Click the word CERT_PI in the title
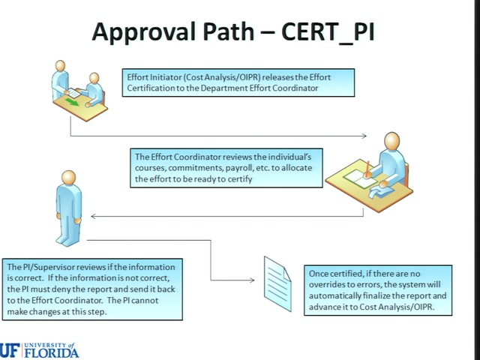click(x=328, y=32)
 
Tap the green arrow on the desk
click(x=72, y=103)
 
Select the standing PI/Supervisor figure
click(x=69, y=208)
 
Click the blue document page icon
click(x=277, y=283)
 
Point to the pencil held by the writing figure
click(x=367, y=169)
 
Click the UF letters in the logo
click(x=10, y=350)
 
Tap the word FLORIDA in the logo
click(x=52, y=352)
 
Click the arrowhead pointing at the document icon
click(x=252, y=280)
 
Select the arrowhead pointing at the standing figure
click(x=94, y=217)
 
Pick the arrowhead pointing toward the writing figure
click(x=364, y=136)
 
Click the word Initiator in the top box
click(x=166, y=77)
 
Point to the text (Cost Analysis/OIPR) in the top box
click(x=222, y=77)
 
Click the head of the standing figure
click(x=68, y=177)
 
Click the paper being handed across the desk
click(x=73, y=93)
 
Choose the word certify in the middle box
click(x=240, y=179)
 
